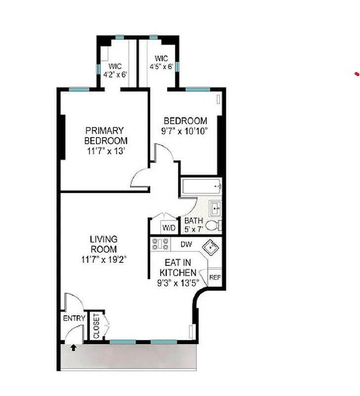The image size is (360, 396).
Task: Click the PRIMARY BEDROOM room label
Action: (104, 136)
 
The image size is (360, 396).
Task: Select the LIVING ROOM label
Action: (103, 245)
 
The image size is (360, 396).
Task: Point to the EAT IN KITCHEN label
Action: (178, 268)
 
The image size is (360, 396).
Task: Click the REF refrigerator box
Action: (215, 278)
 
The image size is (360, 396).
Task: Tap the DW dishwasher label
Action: (186, 244)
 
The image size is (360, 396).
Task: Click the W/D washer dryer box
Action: (168, 228)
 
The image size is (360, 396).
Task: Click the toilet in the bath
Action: (213, 226)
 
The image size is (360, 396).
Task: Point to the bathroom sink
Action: (215, 207)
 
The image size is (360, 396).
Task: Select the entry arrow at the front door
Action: (74, 347)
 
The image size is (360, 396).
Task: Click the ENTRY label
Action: (74, 318)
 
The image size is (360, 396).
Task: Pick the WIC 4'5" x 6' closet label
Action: (161, 62)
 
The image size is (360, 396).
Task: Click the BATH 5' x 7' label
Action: (193, 225)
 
